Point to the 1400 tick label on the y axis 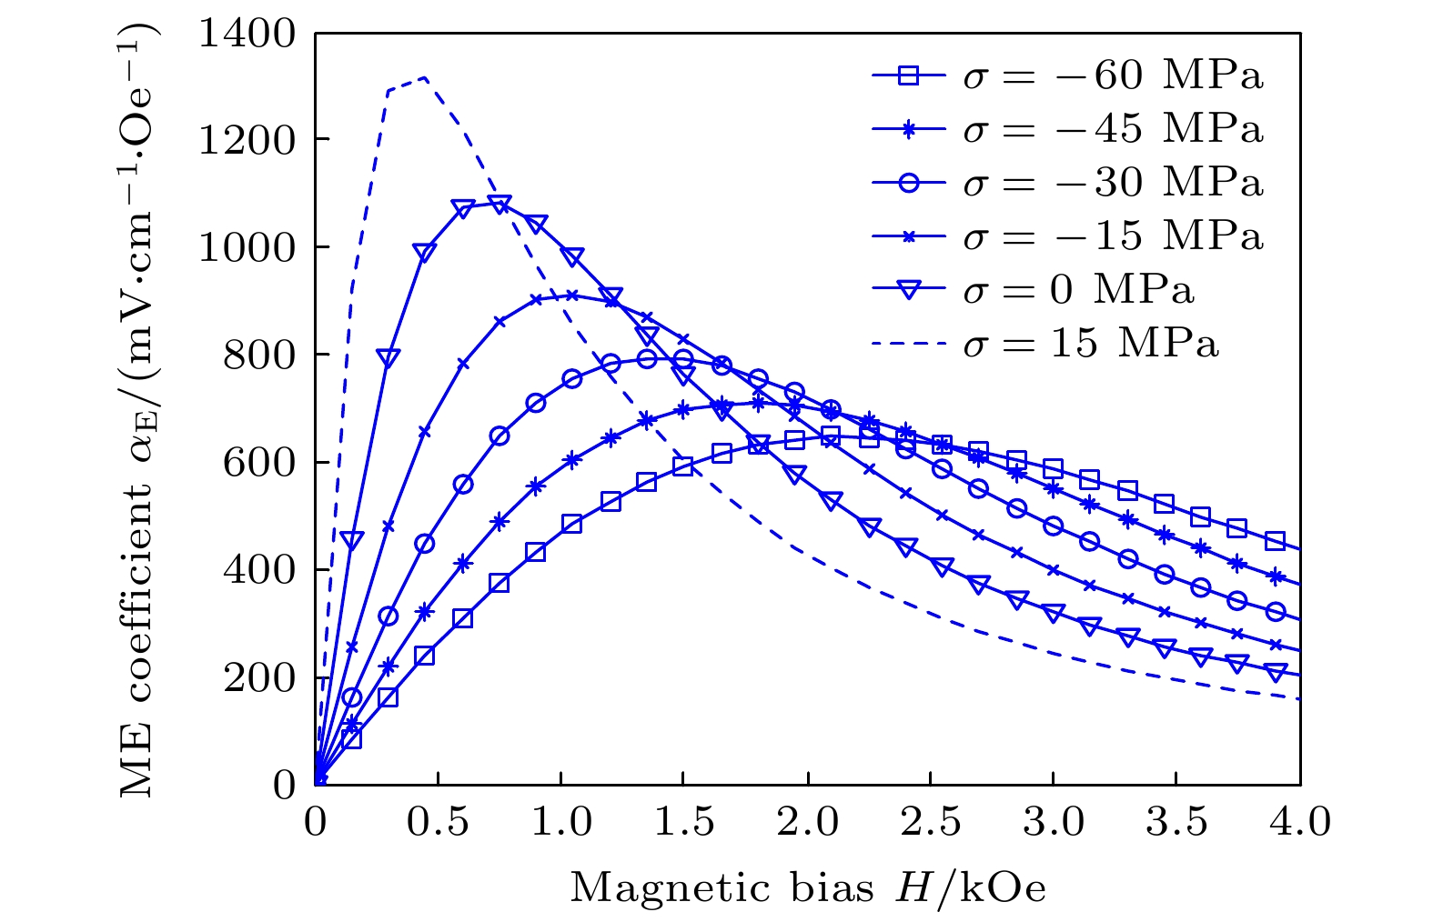247,34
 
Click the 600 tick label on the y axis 259,463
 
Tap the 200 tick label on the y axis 259,677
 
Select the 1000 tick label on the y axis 247,248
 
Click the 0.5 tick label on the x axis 438,823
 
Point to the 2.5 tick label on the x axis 930,823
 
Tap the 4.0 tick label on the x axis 1300,823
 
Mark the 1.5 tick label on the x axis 683,823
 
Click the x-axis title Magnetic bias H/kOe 808,887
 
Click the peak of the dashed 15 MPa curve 424,77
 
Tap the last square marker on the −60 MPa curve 1276,541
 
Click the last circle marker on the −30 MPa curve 1276,612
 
